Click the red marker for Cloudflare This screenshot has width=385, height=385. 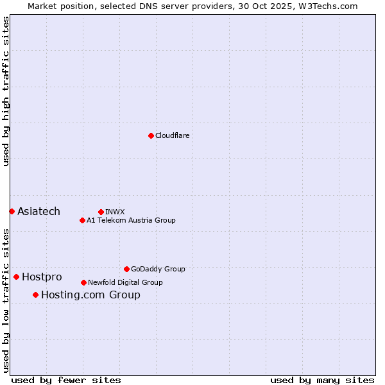point(151,135)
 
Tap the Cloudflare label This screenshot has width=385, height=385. point(172,135)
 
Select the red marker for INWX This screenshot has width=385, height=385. point(101,212)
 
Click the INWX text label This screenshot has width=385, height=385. point(115,212)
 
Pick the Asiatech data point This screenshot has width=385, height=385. point(12,211)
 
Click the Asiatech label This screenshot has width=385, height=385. point(38,211)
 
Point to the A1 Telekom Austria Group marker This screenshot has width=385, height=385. point(82,220)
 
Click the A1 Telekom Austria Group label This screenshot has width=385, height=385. point(131,220)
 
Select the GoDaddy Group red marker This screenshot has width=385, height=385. point(126,269)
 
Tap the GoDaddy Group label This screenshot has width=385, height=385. point(158,269)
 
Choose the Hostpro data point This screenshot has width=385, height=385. point(16,277)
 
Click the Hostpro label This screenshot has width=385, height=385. point(42,277)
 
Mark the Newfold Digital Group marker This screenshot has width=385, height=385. point(83,282)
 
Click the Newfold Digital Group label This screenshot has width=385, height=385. point(125,282)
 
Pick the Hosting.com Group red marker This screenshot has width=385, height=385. point(35,295)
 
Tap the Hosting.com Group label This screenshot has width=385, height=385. point(90,295)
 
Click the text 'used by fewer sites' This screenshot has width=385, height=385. point(66,380)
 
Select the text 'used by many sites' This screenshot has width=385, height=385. point(322,380)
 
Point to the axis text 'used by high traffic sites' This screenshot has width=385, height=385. point(6,91)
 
